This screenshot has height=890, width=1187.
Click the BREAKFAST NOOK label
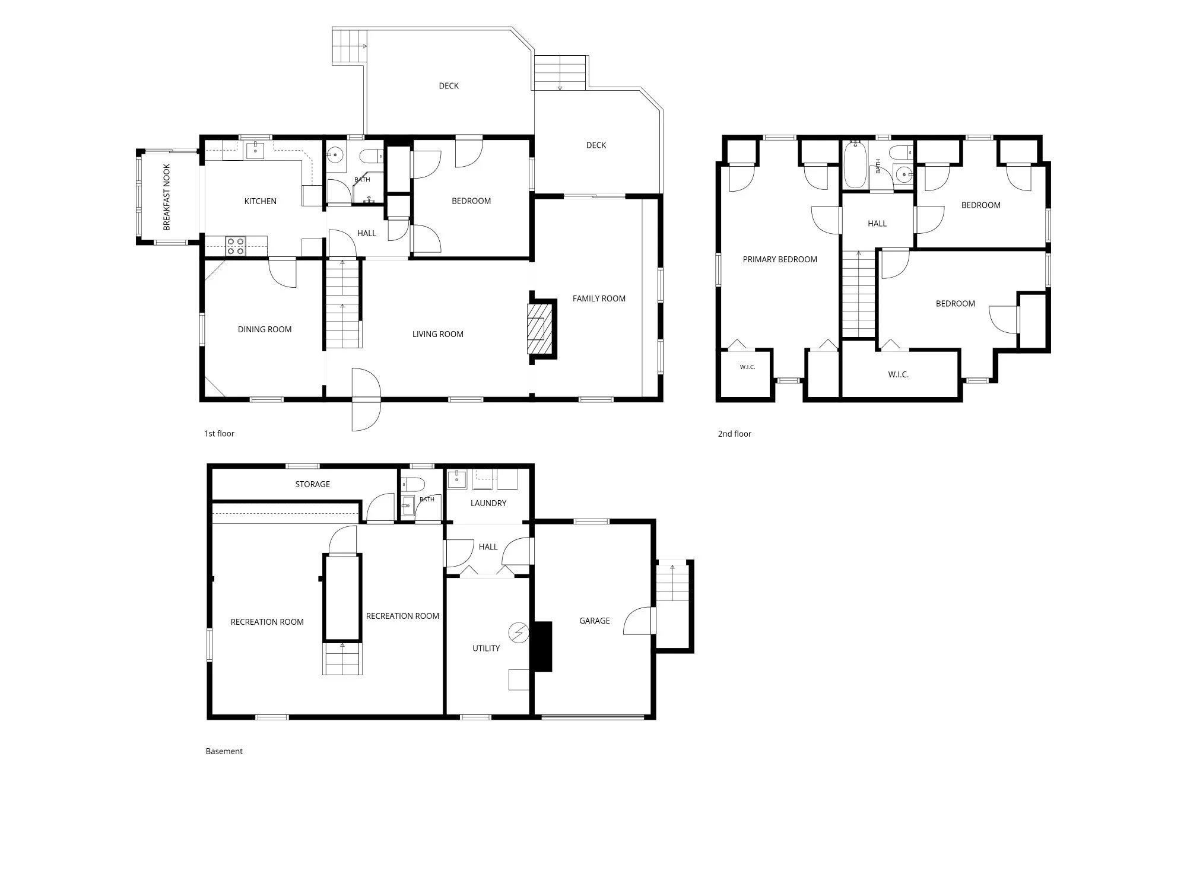click(x=167, y=197)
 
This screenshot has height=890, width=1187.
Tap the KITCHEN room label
click(x=261, y=201)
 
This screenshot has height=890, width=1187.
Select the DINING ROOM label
click(x=265, y=329)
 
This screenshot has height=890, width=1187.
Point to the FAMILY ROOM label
click(x=599, y=298)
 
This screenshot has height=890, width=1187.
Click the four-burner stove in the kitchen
click(x=236, y=246)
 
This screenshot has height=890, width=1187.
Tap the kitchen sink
click(x=255, y=151)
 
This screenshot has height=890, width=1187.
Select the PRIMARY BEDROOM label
click(x=780, y=259)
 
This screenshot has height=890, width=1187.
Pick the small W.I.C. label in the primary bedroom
click(x=747, y=367)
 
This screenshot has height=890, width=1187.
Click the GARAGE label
click(x=595, y=621)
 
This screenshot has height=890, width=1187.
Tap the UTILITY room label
click(x=486, y=648)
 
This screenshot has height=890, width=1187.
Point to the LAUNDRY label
click(x=488, y=503)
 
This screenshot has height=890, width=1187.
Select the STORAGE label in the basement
click(x=313, y=484)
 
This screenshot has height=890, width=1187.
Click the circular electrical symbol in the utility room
click(x=519, y=632)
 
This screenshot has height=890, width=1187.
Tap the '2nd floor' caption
click(x=735, y=434)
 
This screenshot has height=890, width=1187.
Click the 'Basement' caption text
click(x=224, y=751)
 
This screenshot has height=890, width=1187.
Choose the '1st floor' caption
click(x=219, y=434)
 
